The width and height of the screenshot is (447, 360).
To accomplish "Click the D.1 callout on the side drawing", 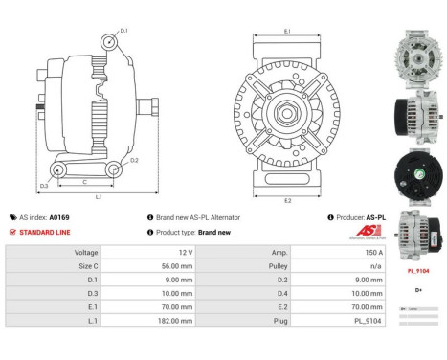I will click(x=124, y=31).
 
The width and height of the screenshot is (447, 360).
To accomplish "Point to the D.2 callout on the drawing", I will click(x=135, y=160).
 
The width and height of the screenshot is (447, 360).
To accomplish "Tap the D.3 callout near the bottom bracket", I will click(x=45, y=186).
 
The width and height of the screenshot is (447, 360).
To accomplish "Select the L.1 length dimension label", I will click(x=100, y=197).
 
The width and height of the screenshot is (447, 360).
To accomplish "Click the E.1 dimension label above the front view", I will click(x=287, y=32).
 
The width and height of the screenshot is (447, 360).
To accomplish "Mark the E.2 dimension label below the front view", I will click(x=287, y=201).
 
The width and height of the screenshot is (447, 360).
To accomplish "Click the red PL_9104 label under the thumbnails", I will click(x=418, y=271).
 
